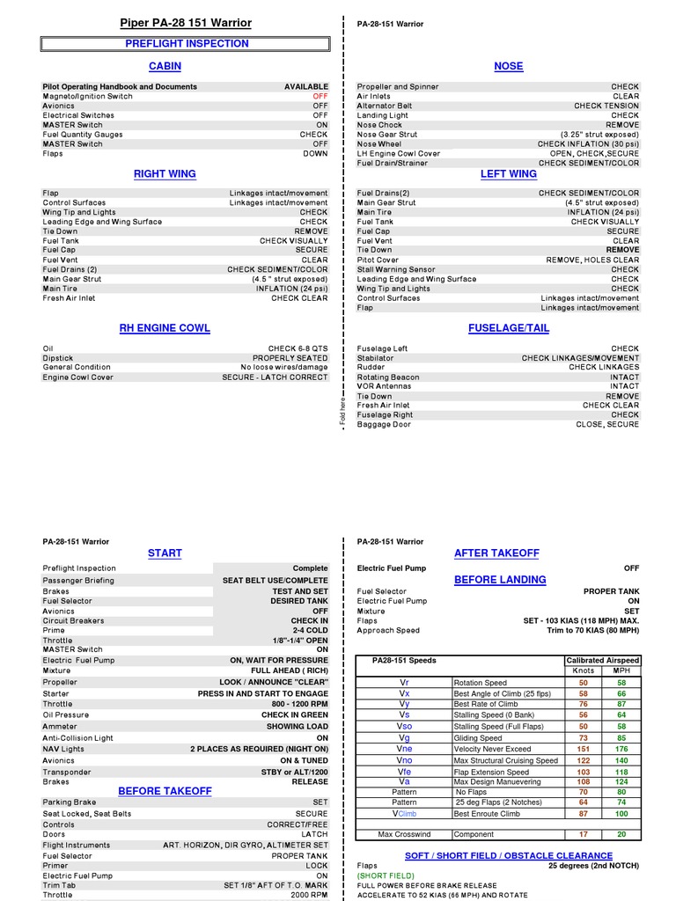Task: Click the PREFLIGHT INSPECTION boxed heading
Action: coord(187,43)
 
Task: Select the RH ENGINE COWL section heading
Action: coord(165,328)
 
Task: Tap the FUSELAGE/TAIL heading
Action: coord(509,328)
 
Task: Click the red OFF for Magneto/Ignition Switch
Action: coord(320,96)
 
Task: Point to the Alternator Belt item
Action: coord(384,106)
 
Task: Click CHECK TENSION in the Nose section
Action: coord(606,106)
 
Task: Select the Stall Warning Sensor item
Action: coord(396,269)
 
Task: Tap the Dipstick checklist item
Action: coord(58,358)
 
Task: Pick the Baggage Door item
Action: coord(384,424)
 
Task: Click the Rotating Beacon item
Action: coord(388,377)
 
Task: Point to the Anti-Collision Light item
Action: coord(78,738)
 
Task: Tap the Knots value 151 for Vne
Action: coord(583,749)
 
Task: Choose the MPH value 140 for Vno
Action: coord(621,760)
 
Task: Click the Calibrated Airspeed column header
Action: coord(602,660)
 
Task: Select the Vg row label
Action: coord(404,737)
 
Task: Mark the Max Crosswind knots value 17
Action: coord(583,834)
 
